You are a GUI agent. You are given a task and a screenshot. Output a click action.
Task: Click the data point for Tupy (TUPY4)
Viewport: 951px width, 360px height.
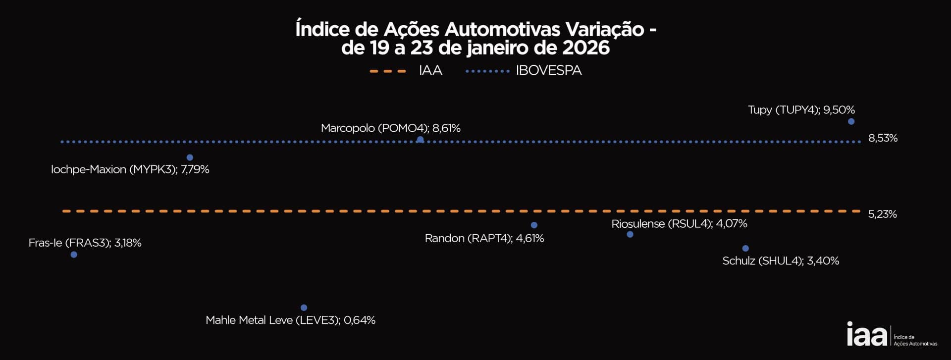point(851,121)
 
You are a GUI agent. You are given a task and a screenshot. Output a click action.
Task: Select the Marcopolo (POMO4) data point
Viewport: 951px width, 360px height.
point(420,140)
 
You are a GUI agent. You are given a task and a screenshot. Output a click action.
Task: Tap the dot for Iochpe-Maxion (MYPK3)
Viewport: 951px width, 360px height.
point(190,157)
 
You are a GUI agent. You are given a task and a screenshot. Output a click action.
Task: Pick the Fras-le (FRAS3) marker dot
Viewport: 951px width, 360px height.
point(74,255)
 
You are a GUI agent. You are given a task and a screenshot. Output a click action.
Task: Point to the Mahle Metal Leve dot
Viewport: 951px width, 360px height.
point(304,308)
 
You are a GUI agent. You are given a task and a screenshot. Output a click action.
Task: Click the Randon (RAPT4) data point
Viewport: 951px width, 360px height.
point(534,225)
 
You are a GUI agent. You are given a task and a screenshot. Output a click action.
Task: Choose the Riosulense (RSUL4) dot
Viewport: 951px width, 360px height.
point(630,234)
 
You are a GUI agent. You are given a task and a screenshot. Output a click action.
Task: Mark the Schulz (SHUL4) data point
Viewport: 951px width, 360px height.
point(745,248)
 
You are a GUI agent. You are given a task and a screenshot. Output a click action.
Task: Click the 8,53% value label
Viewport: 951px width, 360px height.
point(883,138)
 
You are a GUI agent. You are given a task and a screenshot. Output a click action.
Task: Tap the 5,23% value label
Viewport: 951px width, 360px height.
point(882,214)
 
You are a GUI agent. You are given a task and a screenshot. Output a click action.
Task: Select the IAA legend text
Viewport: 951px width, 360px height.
point(430,71)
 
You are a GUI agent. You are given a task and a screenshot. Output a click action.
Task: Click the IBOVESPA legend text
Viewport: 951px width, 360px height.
point(549,71)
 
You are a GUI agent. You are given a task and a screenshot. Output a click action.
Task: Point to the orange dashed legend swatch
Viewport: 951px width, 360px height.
point(388,71)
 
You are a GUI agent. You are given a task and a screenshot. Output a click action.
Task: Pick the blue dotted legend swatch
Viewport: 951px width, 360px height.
point(488,71)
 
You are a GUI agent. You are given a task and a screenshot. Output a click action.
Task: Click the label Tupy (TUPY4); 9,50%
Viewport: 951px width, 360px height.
point(801,109)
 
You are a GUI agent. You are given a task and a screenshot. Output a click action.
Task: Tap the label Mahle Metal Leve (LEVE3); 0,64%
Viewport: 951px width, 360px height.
point(290,320)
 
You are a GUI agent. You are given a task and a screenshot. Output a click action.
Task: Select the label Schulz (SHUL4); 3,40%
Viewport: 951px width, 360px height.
point(781,261)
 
